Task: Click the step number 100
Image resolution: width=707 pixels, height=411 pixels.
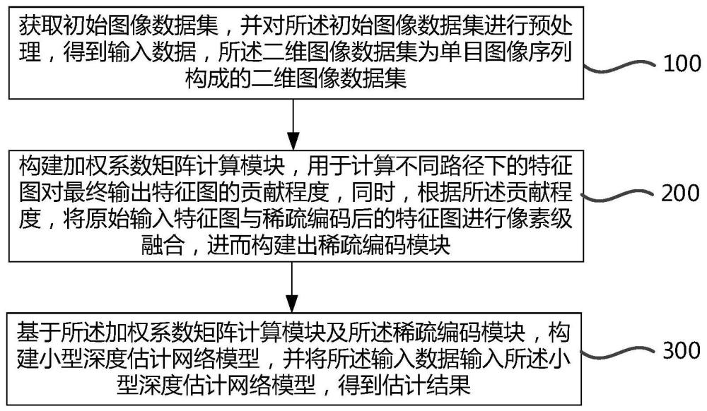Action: point(682,64)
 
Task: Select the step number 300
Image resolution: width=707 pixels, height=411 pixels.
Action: point(682,351)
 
